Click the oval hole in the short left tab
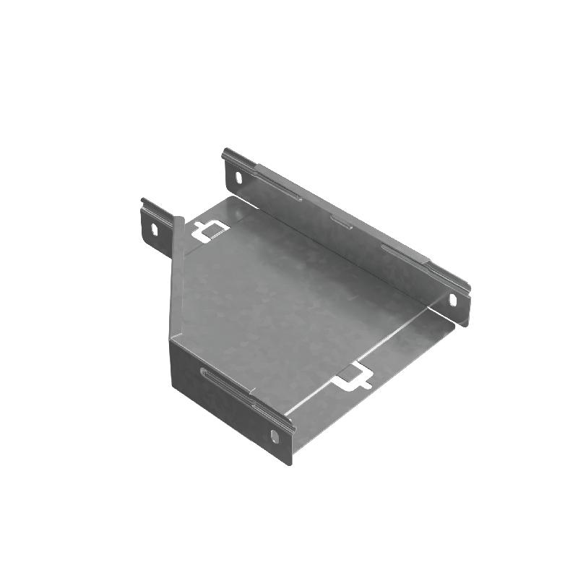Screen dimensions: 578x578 153,228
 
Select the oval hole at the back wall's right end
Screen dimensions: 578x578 453,299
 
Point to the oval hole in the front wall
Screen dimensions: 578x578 275,436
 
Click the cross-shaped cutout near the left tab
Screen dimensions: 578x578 209,230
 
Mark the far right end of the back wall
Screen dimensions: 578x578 468,303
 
